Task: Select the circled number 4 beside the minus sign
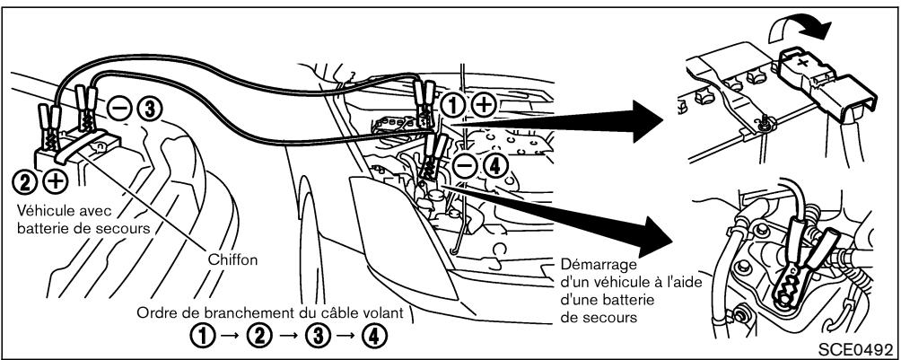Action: click(493, 165)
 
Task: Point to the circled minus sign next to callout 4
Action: click(465, 165)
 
